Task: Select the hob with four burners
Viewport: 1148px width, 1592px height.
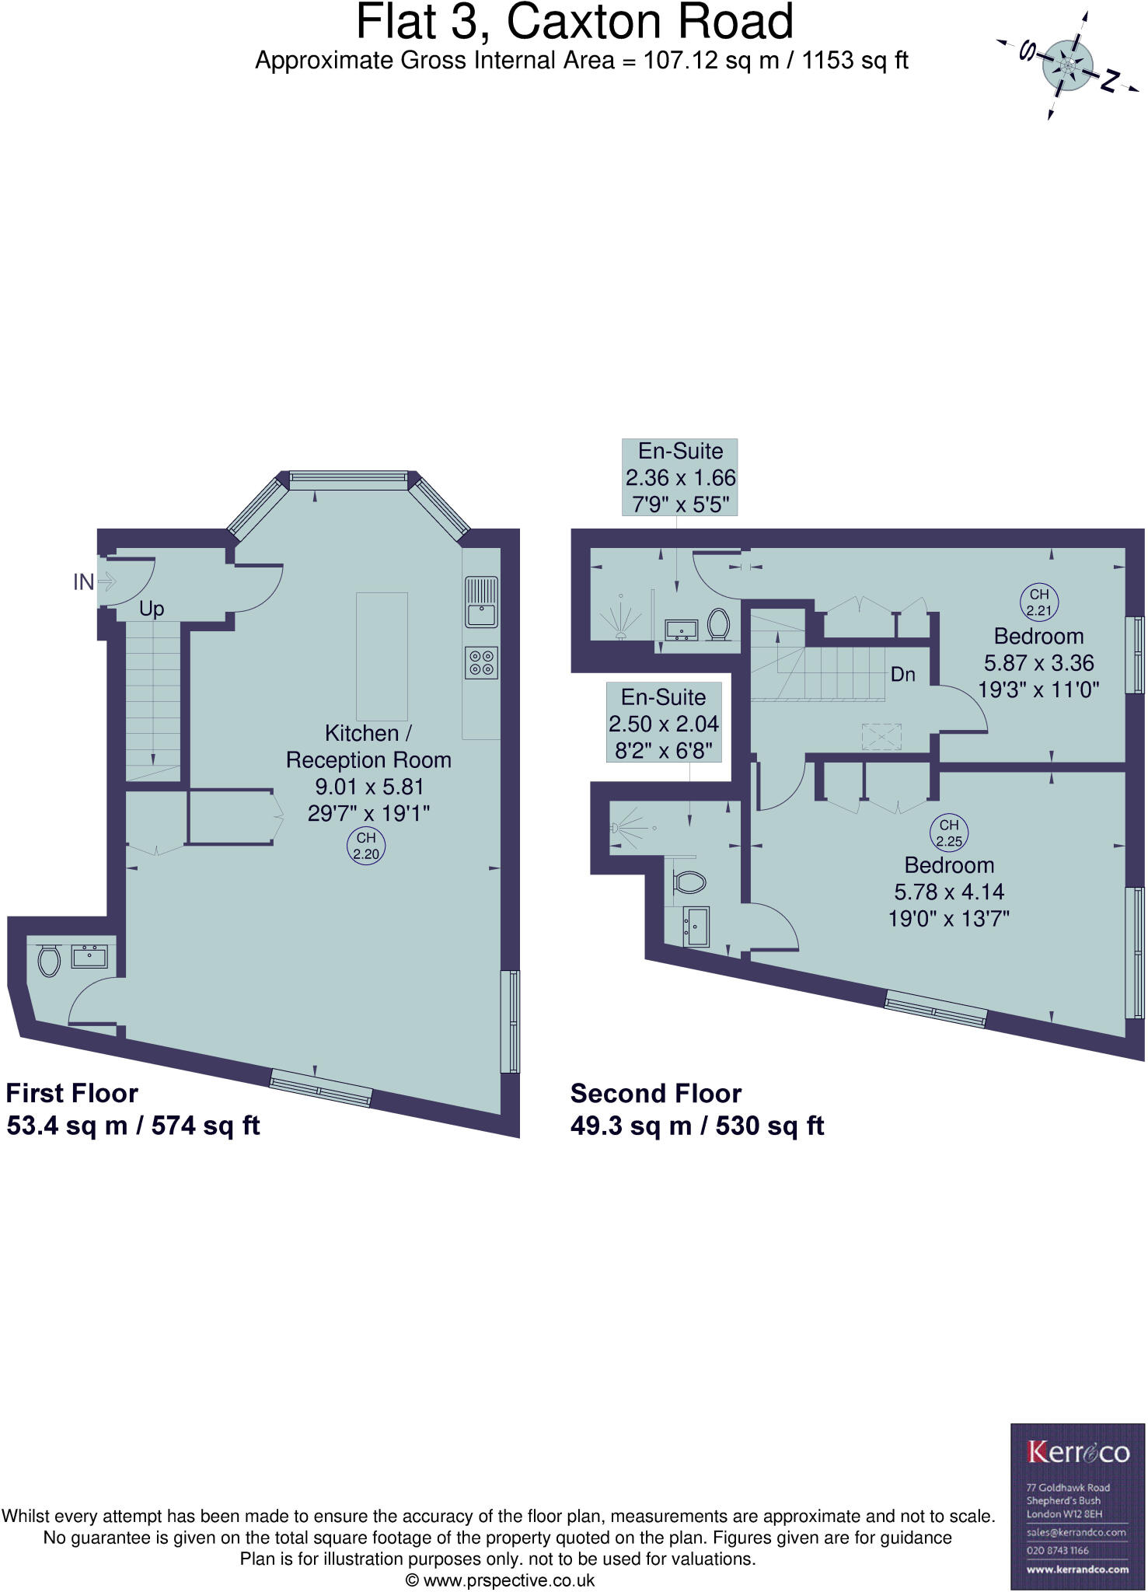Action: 481,662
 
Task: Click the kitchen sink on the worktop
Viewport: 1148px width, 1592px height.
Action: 481,602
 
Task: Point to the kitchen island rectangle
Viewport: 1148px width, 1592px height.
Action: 382,656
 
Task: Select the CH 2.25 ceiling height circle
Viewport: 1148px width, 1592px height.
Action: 949,833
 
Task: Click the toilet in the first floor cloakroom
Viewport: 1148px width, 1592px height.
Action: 49,961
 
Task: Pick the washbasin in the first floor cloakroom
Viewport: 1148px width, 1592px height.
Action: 89,955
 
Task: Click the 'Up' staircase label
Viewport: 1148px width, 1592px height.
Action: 152,609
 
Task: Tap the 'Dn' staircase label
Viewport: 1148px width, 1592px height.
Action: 902,674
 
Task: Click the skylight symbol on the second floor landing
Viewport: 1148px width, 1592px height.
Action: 881,736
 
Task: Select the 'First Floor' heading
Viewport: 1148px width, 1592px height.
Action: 72,1093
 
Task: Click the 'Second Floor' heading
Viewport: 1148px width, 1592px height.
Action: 656,1093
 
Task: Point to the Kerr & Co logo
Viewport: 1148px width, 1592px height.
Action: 1078,1451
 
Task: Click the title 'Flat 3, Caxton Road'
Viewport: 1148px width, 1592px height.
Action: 574,22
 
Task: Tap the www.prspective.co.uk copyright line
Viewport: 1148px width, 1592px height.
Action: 501,1580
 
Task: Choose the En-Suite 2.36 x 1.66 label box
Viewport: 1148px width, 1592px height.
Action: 680,477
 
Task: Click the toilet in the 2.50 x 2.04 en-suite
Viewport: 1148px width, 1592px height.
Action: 689,882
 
